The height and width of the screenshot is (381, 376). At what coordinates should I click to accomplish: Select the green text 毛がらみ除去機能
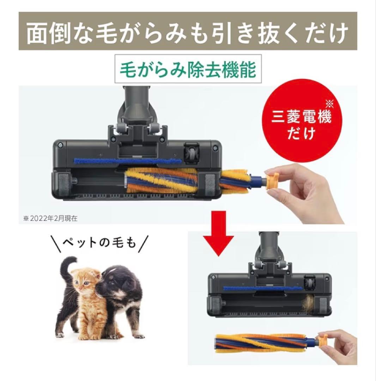point(188,70)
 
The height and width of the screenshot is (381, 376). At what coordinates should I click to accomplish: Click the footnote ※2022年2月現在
point(51,218)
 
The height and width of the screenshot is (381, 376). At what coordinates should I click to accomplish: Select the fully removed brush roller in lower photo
point(266,343)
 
